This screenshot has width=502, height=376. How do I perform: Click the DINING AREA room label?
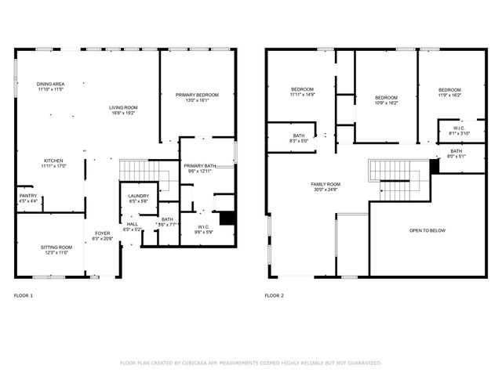(50, 84)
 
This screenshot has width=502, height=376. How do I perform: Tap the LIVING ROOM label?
(122, 107)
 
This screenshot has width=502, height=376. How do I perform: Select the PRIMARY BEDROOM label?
(197, 95)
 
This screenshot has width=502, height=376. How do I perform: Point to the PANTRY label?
(27, 196)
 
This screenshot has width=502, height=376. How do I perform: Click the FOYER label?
(103, 233)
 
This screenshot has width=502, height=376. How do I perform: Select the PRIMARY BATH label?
(199, 166)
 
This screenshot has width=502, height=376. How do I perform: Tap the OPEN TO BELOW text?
(427, 231)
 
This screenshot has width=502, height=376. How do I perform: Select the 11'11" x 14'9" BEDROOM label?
(302, 89)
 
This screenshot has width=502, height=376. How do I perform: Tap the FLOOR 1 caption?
(24, 296)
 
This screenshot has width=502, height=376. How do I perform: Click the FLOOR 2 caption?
(274, 296)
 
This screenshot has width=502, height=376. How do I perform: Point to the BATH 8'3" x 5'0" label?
(299, 136)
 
